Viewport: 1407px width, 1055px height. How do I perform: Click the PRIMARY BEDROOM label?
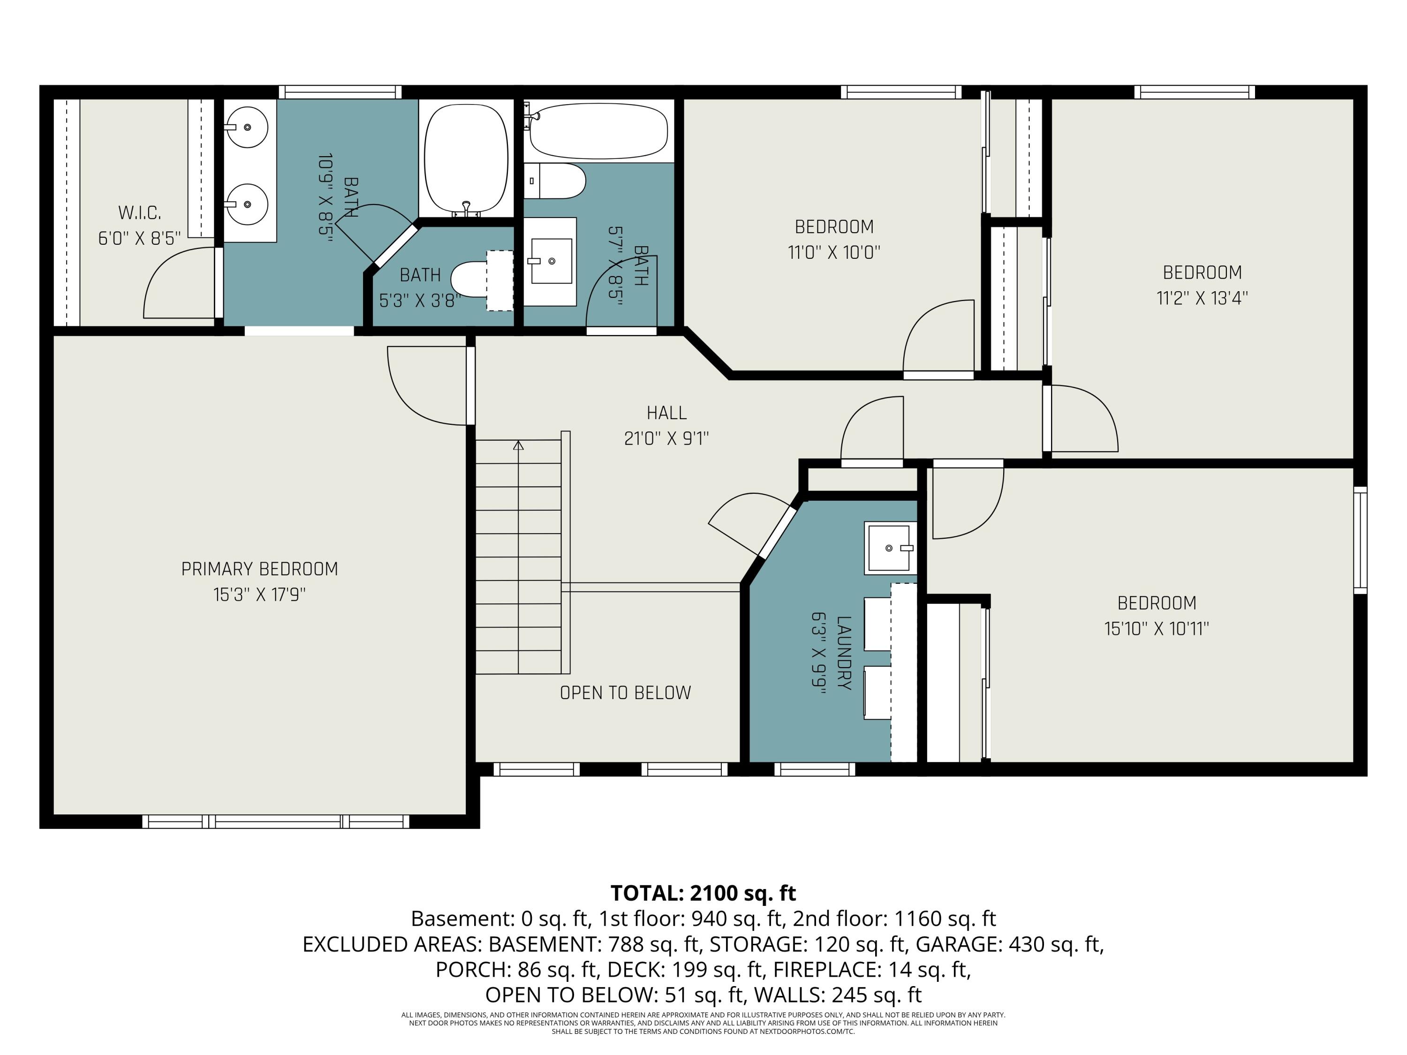259,568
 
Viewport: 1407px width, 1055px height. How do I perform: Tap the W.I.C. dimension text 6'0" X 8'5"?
139,239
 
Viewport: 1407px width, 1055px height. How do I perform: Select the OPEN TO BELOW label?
625,693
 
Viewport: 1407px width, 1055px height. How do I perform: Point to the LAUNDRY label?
843,653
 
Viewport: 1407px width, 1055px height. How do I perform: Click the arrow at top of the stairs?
518,446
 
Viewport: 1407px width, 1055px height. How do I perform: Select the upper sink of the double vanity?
248,127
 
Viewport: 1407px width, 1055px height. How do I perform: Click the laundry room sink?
889,547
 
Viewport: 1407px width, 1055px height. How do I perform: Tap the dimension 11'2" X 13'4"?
1202,298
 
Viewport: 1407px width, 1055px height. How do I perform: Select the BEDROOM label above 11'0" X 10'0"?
834,226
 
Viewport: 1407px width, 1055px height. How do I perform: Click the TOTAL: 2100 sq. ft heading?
703,893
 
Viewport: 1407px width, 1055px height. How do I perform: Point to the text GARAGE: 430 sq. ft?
1008,944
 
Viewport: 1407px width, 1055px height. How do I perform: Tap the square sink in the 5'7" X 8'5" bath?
551,261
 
